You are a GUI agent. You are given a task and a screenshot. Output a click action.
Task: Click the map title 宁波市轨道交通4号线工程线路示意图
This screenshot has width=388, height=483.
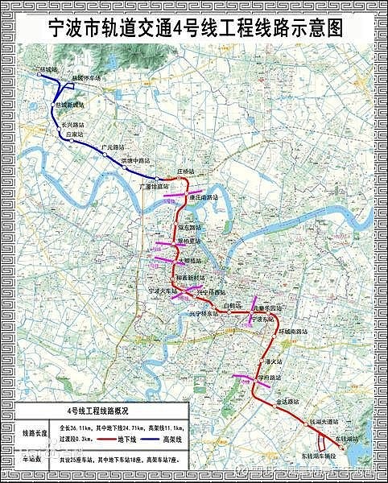(193, 27)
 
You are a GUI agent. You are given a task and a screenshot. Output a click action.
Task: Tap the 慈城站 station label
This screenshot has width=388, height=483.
(49, 71)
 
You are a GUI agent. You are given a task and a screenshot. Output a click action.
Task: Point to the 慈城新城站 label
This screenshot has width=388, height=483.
(71, 105)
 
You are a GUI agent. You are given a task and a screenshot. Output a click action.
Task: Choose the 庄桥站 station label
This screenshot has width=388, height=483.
(185, 172)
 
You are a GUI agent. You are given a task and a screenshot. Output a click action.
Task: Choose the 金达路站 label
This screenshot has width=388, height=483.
(287, 400)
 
